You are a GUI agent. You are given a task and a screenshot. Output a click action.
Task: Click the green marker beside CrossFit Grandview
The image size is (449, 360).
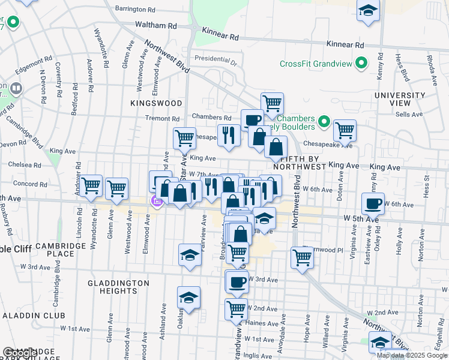[x=361, y=63]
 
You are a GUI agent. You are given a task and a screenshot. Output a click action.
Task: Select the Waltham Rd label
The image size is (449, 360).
[x=156, y=26]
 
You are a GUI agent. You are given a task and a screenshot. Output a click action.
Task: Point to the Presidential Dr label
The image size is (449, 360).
[x=216, y=60]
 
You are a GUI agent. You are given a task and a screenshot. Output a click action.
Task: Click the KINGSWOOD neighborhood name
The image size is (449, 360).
[x=155, y=103]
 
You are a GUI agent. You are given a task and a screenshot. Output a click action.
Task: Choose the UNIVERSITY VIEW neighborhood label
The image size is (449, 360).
[x=399, y=100]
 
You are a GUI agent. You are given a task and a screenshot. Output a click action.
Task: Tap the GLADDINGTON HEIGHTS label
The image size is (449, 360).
[x=118, y=287]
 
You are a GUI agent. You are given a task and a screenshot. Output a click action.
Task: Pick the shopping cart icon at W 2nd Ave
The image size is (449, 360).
[x=237, y=308]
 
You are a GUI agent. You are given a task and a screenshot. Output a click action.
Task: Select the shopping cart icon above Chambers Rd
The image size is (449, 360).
[x=272, y=103]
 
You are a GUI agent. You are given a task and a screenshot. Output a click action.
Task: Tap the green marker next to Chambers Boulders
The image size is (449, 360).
[x=325, y=122]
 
